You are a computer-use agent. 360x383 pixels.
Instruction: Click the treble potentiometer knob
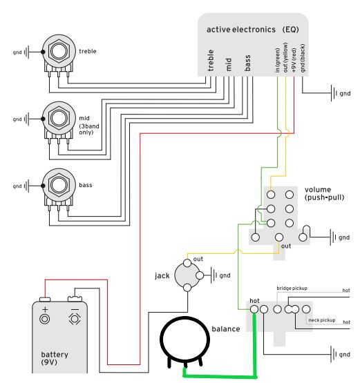click(59, 51)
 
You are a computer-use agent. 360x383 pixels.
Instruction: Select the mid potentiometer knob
click(59, 118)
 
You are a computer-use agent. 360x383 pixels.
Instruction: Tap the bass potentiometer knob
click(59, 185)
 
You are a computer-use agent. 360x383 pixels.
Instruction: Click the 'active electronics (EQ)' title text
click(253, 30)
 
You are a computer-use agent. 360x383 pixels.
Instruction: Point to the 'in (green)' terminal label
click(277, 60)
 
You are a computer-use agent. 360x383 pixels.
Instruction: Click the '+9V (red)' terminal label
click(294, 60)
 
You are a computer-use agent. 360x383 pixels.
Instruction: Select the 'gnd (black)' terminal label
click(303, 58)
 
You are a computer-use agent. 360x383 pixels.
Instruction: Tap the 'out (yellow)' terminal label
click(285, 58)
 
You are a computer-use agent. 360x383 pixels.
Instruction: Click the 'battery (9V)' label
click(55, 358)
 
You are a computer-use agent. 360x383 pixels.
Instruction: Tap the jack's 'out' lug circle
click(187, 263)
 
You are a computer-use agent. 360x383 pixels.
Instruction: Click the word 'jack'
click(162, 275)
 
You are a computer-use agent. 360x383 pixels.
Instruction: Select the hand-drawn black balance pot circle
click(185, 317)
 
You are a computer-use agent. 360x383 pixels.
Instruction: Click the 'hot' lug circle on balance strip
click(254, 309)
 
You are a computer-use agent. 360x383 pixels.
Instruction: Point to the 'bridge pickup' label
click(292, 288)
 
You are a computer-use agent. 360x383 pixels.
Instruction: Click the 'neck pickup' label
click(322, 320)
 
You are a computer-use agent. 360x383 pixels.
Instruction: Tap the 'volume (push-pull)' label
click(324, 193)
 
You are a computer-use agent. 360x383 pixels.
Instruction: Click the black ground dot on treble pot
click(43, 52)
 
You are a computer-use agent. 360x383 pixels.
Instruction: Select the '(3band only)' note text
click(89, 129)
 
